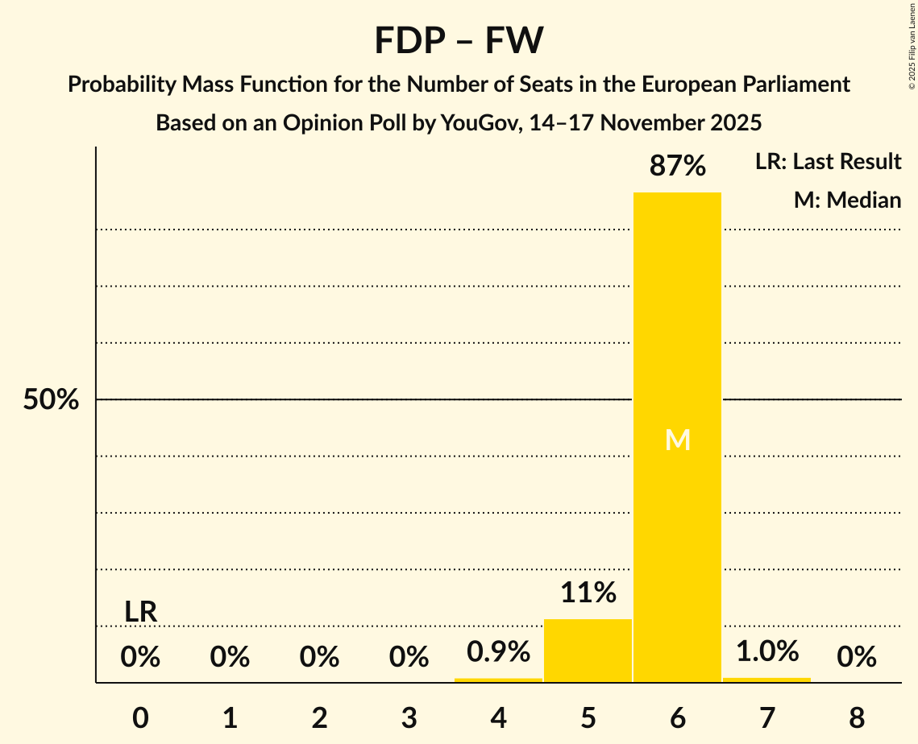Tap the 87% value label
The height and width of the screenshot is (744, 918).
677,167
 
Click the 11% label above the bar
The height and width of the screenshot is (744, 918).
588,593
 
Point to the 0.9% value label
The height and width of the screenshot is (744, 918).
498,652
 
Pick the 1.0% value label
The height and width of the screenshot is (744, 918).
766,651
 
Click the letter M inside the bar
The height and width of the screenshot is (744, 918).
677,440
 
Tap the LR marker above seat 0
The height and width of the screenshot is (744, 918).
140,612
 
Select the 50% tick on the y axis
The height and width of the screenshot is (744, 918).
51,400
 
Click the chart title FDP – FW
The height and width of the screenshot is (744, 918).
459,41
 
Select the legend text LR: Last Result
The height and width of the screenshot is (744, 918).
828,162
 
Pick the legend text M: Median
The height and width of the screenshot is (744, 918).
847,200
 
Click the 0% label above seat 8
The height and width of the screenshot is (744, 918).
856,658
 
